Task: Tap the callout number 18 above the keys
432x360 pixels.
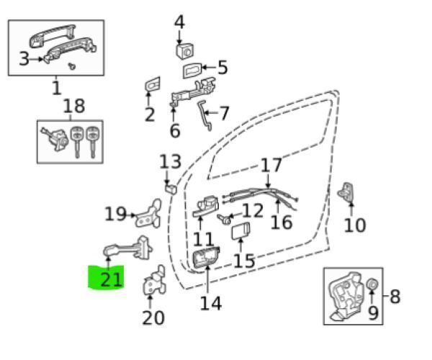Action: point(73,106)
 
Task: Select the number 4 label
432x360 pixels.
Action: point(179,22)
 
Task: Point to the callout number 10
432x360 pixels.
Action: point(355,225)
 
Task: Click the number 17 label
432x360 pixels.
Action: point(271,165)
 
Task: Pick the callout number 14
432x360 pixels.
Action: point(210,303)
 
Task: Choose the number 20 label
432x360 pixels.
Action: point(153,318)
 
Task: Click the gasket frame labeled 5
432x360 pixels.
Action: point(192,70)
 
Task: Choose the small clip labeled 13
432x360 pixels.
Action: point(171,189)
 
